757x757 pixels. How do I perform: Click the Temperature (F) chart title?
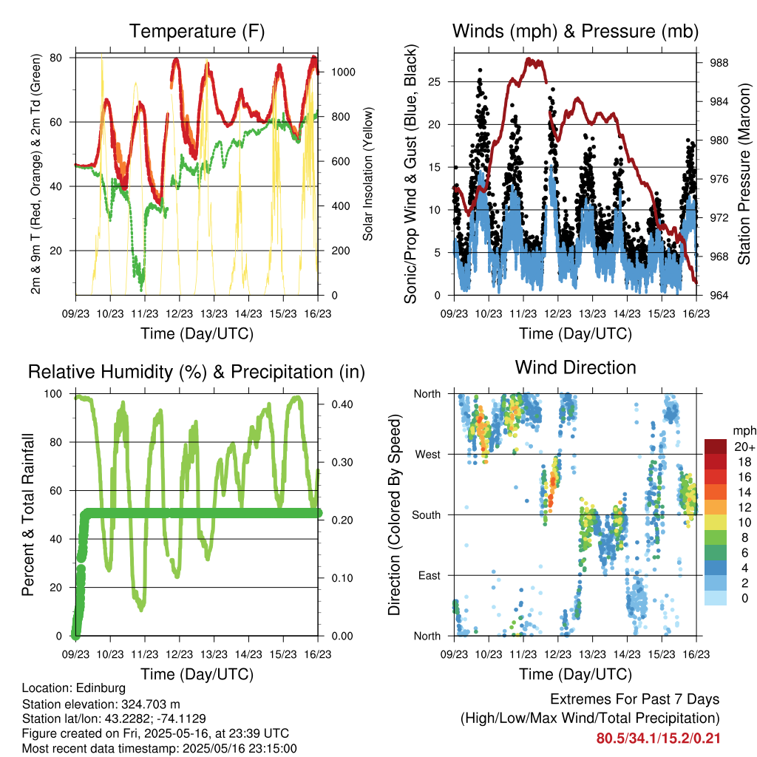point(197,31)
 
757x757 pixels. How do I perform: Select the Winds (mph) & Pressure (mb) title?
point(575,31)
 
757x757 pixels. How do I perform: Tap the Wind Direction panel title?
point(575,367)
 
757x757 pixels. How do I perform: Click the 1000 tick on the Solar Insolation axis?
point(343,72)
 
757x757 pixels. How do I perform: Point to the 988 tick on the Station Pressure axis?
point(719,63)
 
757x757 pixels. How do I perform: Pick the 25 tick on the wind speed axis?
point(435,81)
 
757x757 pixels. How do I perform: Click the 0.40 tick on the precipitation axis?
point(342,404)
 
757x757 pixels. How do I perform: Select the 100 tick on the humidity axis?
point(53,394)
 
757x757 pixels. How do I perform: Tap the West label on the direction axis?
point(428,455)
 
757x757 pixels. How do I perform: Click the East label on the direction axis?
point(430,575)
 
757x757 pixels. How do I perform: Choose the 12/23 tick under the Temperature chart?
point(179,313)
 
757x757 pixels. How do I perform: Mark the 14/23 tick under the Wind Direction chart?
point(627,654)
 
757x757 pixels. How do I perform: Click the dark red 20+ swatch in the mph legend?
point(716,447)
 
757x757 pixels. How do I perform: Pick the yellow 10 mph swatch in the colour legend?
point(716,523)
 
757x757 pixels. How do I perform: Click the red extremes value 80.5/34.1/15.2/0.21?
point(658,739)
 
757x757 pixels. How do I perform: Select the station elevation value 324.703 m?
point(149,704)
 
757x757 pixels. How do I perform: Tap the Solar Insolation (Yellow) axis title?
point(368,174)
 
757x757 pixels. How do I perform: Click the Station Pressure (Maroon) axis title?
point(744,174)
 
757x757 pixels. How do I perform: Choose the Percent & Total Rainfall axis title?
point(28,515)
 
